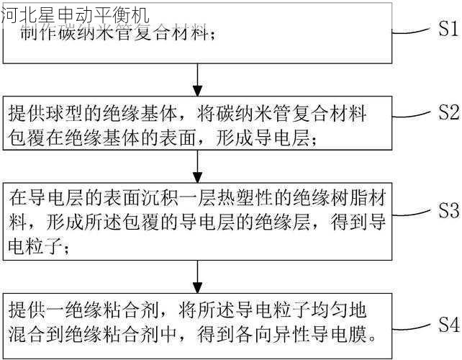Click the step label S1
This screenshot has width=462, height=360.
(444, 30)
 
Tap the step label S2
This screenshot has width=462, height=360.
(444, 113)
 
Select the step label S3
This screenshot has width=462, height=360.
(444, 211)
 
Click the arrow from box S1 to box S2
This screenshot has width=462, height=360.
(197, 78)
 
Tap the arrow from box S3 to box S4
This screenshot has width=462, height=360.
(197, 275)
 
